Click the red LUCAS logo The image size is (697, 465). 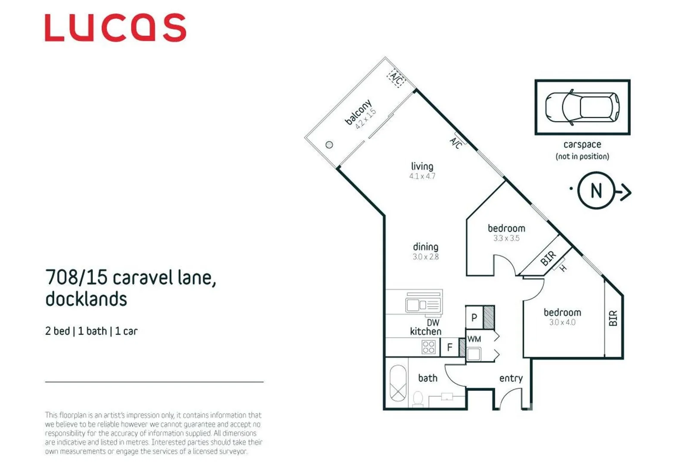(115, 28)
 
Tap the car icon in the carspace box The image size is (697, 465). (582, 107)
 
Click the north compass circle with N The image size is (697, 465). (596, 190)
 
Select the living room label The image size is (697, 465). (422, 166)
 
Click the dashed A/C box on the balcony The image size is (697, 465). (396, 79)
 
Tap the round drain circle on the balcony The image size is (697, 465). (329, 145)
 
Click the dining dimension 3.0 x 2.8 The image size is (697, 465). (425, 257)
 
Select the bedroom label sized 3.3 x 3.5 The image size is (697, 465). (506, 229)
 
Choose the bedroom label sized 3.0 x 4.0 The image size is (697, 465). (562, 313)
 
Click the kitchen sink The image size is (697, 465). (423, 305)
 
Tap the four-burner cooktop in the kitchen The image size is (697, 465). (428, 347)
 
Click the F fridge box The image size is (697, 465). (449, 347)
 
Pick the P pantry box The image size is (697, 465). (474, 318)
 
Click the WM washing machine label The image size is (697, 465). (474, 339)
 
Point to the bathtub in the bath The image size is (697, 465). (398, 383)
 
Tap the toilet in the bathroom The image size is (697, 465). (418, 399)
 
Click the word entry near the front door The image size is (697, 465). (511, 378)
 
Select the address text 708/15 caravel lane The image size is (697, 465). (130, 278)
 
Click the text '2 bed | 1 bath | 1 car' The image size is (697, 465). (91, 331)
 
